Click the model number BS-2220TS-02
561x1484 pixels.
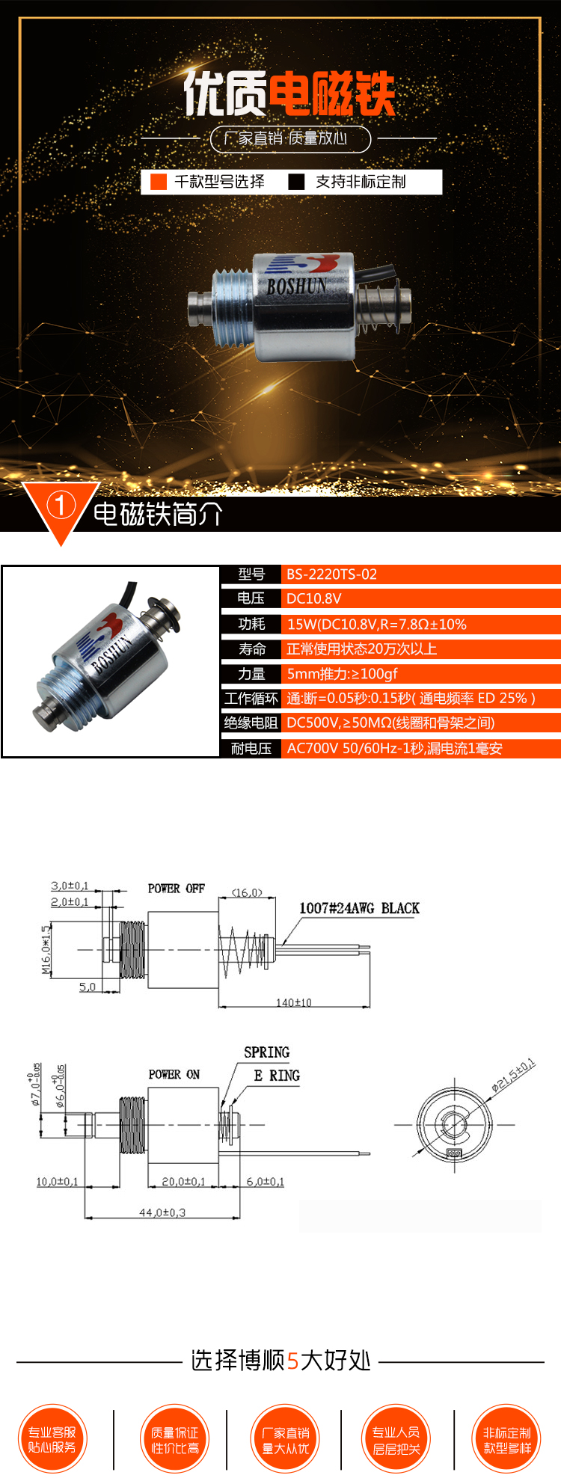point(331,574)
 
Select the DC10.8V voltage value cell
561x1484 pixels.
point(313,598)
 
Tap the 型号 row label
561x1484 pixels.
point(251,574)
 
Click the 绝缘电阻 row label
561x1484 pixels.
point(251,723)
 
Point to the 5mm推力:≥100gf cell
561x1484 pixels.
point(342,674)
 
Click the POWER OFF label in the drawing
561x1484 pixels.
point(176,889)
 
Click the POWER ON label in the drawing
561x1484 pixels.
point(174,1074)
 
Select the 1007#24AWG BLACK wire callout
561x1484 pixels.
point(359,908)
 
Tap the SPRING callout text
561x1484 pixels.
point(266,1052)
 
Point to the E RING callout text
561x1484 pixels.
point(277,1076)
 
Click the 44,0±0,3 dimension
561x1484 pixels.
point(162,1212)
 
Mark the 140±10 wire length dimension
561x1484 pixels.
point(293,1002)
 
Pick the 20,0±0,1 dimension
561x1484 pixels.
point(183,1182)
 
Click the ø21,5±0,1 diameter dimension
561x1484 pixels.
point(513,1075)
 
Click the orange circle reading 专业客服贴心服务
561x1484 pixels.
point(52,1439)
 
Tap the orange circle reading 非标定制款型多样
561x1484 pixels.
point(507,1439)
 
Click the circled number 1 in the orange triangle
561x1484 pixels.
point(61,506)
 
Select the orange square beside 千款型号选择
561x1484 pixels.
point(159,182)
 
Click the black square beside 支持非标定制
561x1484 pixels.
point(296,182)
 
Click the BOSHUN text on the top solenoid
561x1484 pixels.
point(296,286)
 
